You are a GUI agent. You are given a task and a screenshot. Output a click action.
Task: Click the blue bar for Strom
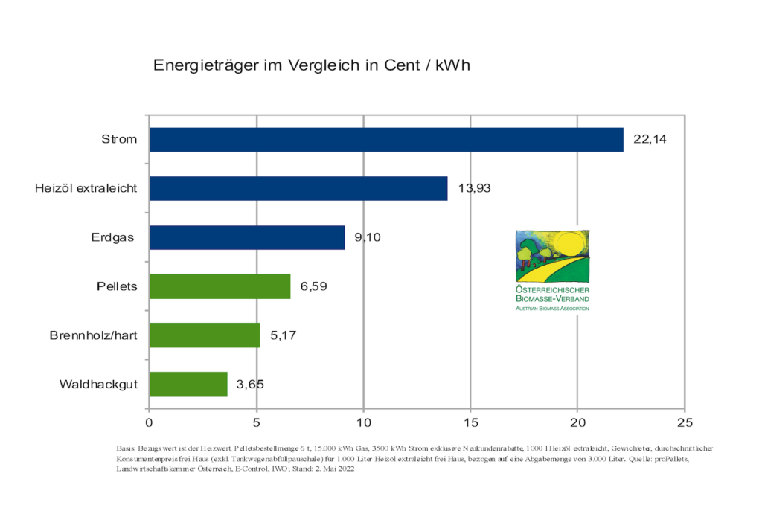coord(386,140)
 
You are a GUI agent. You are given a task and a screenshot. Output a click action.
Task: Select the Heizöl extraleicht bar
coord(298,188)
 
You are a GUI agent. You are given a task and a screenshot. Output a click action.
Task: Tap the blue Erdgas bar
coord(247,238)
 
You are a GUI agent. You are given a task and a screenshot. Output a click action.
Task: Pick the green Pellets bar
coord(220,286)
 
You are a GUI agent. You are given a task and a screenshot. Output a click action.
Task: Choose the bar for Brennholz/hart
coord(205,335)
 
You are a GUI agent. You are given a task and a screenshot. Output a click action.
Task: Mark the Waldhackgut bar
coord(188,385)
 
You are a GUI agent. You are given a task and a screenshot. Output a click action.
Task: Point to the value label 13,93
coord(474,188)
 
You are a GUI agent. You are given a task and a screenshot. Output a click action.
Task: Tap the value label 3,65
coord(250,385)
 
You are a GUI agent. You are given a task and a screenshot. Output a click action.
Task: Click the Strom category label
coord(119,139)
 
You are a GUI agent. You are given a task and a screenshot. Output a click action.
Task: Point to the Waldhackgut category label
coord(98,385)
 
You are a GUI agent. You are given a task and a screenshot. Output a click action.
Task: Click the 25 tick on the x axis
coord(685,422)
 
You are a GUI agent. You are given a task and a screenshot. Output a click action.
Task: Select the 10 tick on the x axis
coord(363,422)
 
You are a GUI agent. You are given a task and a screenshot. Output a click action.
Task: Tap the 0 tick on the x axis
coord(150,422)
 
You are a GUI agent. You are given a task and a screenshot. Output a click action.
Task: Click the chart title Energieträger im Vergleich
coord(312,65)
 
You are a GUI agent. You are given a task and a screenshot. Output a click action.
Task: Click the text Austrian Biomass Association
coord(552,308)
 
